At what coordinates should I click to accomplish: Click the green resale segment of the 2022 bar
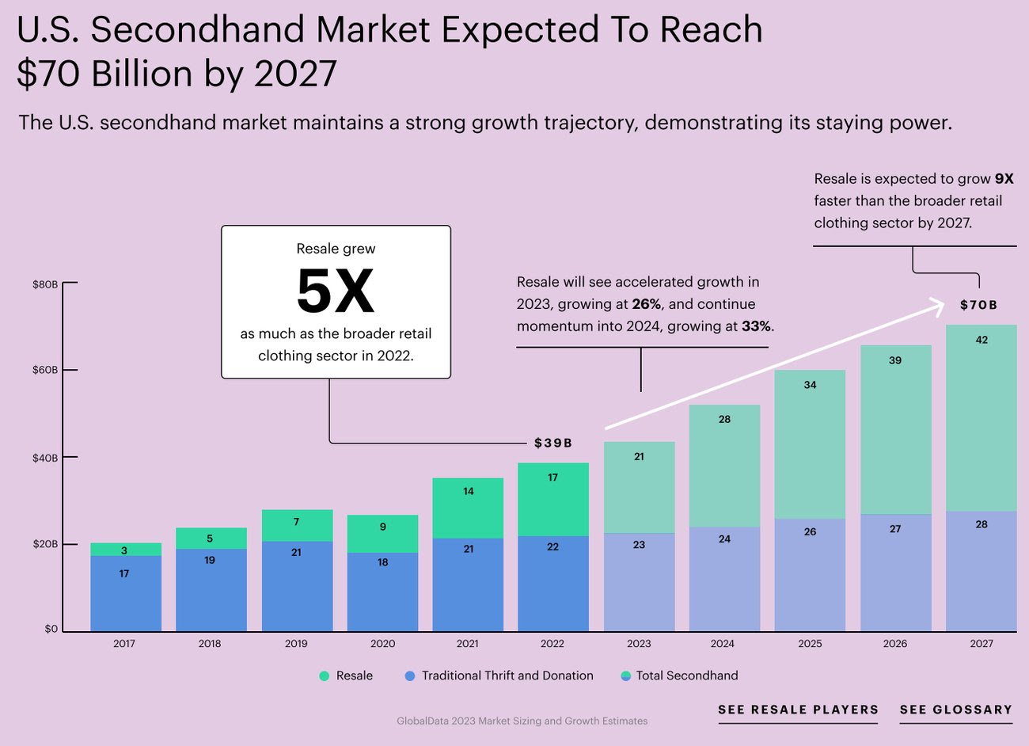pos(553,499)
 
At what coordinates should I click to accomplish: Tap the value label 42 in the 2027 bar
pos(982,340)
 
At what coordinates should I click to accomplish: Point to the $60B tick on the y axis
pos(45,370)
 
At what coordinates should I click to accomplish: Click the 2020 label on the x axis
pos(382,644)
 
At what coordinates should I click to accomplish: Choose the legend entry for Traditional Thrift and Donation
pos(499,676)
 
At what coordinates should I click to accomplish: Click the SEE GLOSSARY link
pos(955,710)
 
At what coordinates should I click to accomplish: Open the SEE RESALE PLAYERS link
pos(798,710)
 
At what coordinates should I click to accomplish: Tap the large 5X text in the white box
pos(336,292)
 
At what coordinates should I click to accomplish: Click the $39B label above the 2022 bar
pos(552,443)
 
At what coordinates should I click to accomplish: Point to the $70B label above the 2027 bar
pos(978,305)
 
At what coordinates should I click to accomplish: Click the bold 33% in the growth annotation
pos(756,326)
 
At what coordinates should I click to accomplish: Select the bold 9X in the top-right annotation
pos(1004,179)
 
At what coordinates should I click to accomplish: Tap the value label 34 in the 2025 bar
pos(810,385)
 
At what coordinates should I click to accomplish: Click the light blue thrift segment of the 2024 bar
pos(724,578)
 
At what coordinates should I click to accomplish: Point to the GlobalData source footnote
pos(522,721)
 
